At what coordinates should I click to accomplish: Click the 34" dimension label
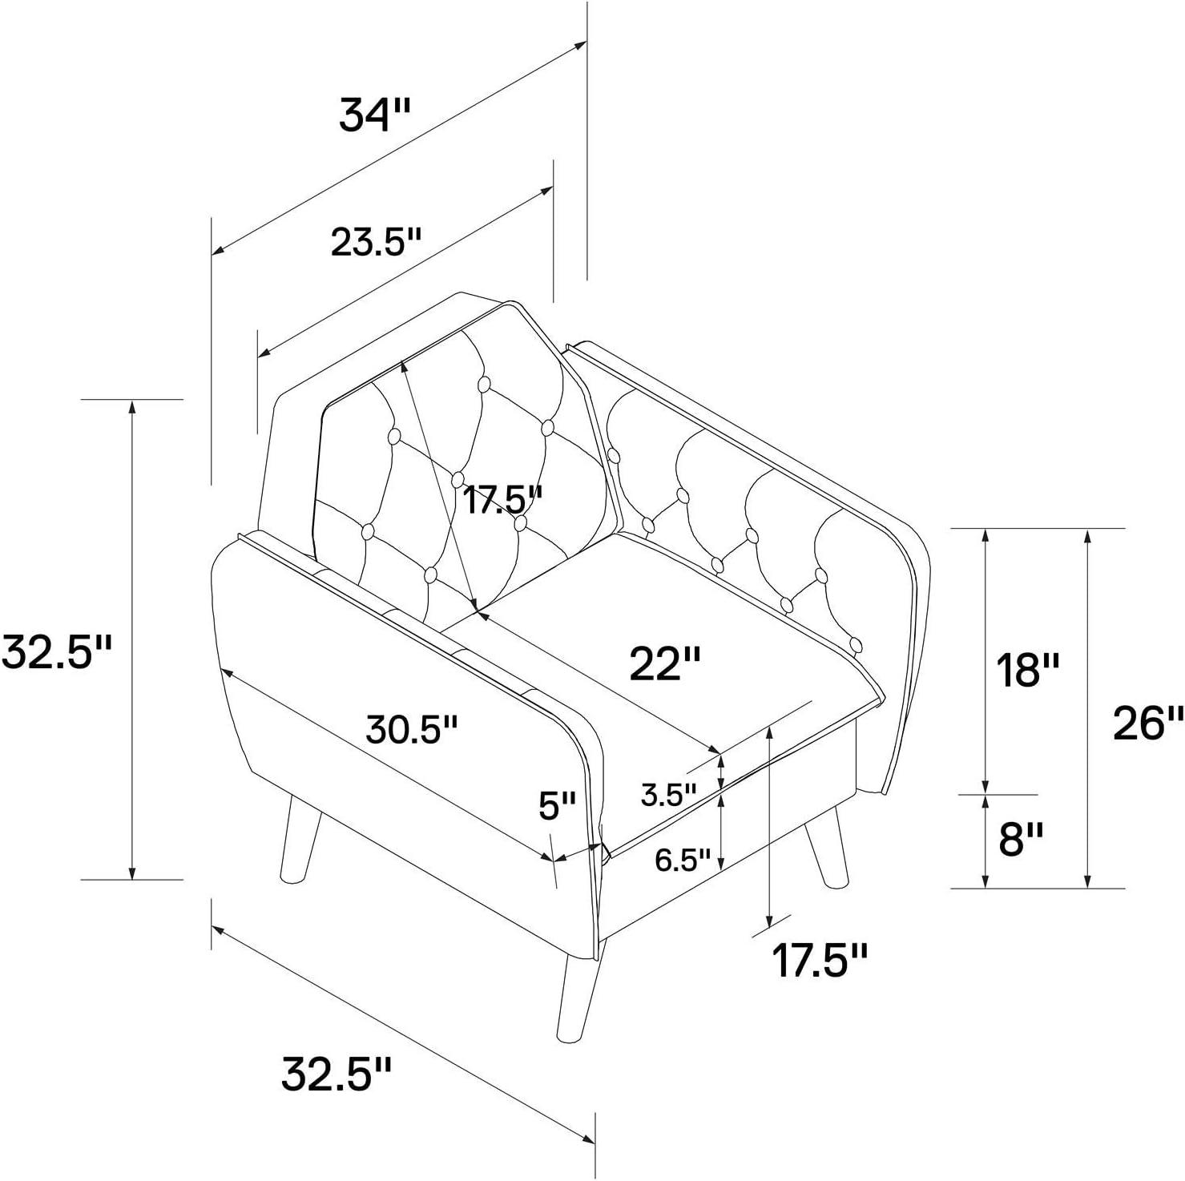374,115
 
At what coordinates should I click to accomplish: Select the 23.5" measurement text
376,241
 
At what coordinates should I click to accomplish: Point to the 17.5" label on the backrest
503,500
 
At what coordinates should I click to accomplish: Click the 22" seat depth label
665,663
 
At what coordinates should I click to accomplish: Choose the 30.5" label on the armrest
412,729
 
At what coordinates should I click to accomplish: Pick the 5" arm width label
557,805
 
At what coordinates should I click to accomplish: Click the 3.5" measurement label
669,795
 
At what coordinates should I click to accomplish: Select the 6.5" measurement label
683,861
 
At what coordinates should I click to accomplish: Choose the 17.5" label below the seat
820,960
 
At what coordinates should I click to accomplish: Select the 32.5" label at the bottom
336,1074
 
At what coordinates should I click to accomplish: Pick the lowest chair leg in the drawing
580,992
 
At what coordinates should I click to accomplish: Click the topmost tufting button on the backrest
484,385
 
